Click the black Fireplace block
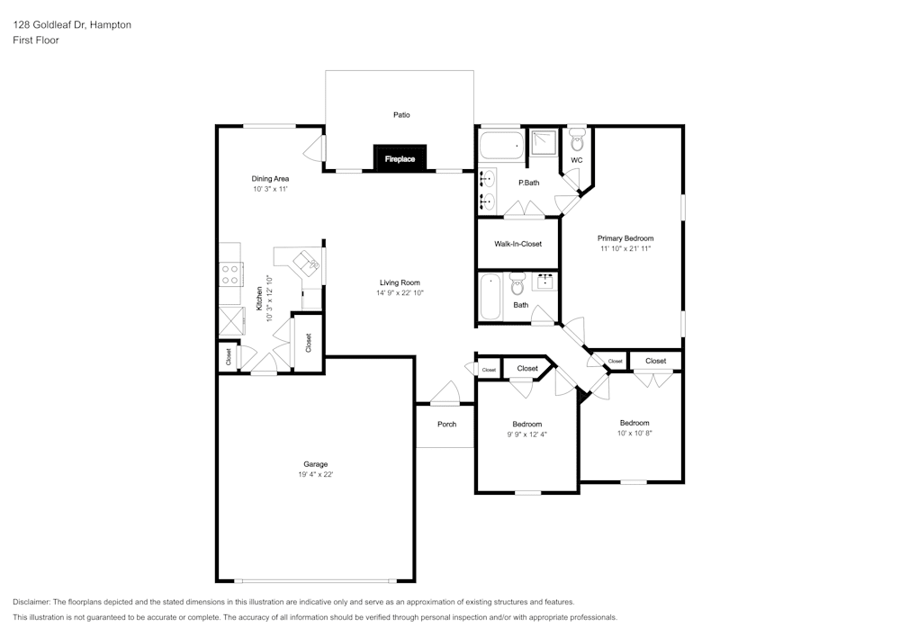(x=400, y=158)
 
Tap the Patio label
(x=401, y=114)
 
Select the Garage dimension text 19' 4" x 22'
(x=315, y=475)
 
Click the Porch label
(x=446, y=424)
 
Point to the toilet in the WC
(x=577, y=142)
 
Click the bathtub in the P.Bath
(x=500, y=146)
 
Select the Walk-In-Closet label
(x=517, y=244)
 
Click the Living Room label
(x=400, y=282)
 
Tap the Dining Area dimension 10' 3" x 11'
(x=270, y=190)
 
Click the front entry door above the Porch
(x=445, y=393)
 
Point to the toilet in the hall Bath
(x=517, y=287)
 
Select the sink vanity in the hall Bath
(x=545, y=282)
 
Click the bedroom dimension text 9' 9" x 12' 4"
(x=526, y=434)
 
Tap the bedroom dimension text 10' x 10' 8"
(x=634, y=433)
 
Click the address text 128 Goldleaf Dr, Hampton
(x=72, y=25)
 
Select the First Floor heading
(x=36, y=40)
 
